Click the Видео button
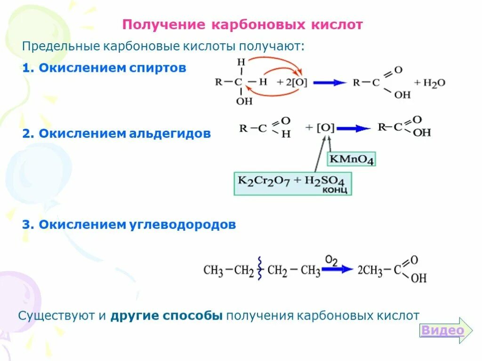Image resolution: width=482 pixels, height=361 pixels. point(442,330)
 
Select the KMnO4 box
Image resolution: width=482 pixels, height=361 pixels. point(352,159)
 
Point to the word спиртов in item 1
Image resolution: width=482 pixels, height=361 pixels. point(157,68)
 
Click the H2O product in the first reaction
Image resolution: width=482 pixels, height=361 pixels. point(434,83)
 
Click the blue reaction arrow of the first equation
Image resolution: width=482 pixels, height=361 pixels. point(329,83)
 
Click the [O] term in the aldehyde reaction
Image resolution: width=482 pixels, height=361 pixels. point(326,128)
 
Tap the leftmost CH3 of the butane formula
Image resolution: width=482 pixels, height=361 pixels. point(213,271)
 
